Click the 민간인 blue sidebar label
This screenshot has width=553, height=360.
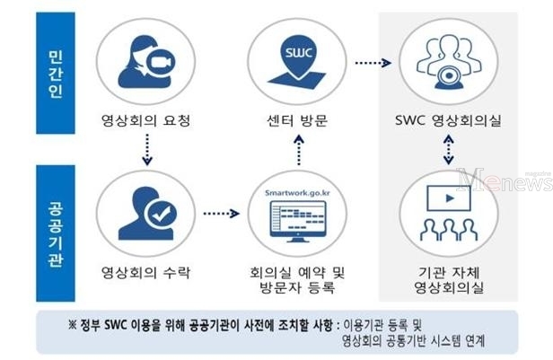(x=56, y=73)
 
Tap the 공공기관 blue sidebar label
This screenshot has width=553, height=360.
(x=56, y=233)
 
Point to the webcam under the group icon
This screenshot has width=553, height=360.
(x=449, y=77)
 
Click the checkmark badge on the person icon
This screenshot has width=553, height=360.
(x=161, y=214)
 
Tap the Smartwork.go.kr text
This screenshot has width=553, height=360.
(x=298, y=193)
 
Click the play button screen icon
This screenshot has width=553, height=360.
(x=449, y=198)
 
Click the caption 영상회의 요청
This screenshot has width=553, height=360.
(x=146, y=120)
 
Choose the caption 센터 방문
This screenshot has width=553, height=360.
(x=297, y=120)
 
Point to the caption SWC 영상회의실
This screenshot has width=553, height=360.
(x=448, y=120)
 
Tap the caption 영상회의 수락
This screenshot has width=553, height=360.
(x=146, y=273)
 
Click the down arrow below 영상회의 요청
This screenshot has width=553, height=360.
(x=147, y=150)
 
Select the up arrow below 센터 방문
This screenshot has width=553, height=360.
(x=299, y=150)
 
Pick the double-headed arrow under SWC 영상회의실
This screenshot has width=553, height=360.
(x=448, y=150)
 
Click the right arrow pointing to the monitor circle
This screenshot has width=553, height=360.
(x=222, y=214)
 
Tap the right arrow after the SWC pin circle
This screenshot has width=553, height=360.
(x=373, y=63)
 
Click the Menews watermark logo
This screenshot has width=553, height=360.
(x=505, y=180)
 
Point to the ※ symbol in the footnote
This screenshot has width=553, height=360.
(x=73, y=325)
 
